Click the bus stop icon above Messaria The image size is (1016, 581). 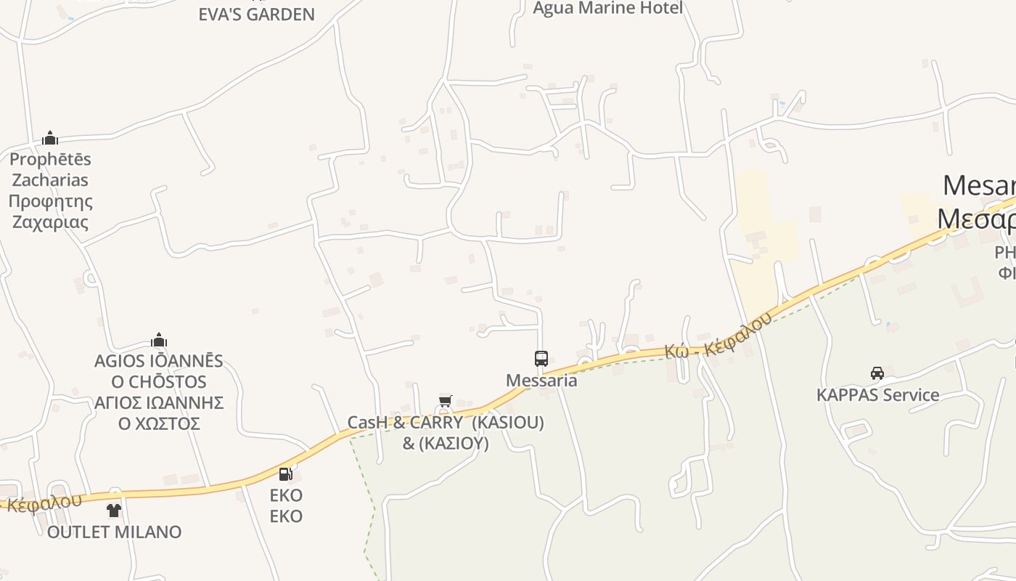(541, 358)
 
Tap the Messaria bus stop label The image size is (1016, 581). (541, 381)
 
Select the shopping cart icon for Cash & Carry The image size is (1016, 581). (446, 401)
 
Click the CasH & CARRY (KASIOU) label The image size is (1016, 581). (446, 423)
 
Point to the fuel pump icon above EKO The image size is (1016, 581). (286, 474)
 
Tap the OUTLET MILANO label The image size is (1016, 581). (115, 532)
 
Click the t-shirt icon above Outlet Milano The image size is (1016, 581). (114, 511)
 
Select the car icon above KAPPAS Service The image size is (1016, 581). (877, 373)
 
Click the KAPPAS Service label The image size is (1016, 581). (878, 395)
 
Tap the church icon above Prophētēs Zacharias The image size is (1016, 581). (50, 138)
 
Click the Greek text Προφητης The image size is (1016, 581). (51, 201)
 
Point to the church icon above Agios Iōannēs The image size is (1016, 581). (159, 340)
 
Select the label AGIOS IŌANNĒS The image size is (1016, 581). (159, 361)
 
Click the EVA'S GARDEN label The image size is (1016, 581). (257, 15)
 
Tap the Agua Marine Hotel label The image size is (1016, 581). (608, 8)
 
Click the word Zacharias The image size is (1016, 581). (50, 180)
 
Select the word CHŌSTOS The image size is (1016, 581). (168, 382)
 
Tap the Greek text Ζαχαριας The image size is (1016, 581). (50, 222)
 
